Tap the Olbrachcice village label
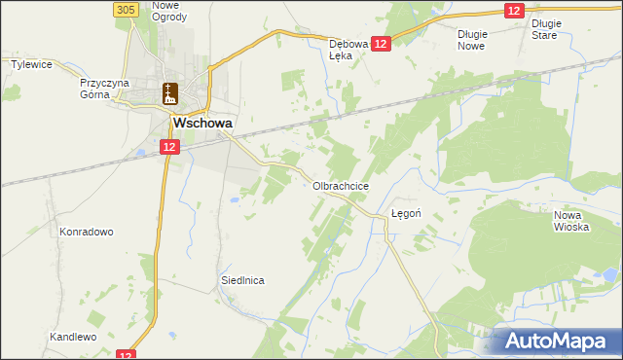click(x=340, y=185)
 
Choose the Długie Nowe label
click(x=471, y=39)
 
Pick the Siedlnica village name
click(x=242, y=280)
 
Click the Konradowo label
click(x=87, y=233)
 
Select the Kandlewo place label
click(x=73, y=337)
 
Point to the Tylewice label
click(x=30, y=64)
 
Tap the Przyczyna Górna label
click(x=104, y=89)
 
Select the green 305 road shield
click(x=124, y=9)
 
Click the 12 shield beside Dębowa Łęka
click(x=380, y=44)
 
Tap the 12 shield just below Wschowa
click(x=169, y=147)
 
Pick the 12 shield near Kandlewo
click(x=124, y=355)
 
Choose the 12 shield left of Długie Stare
click(x=515, y=10)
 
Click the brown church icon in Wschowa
click(x=170, y=93)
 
